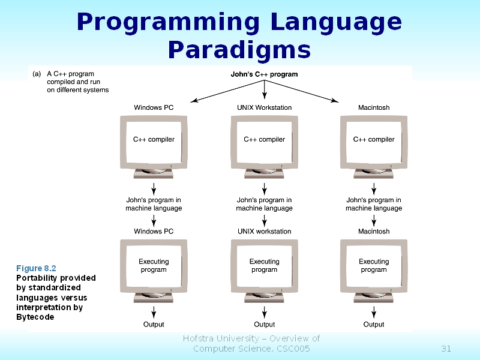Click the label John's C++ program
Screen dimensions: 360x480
click(x=264, y=74)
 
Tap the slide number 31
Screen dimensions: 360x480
click(x=446, y=349)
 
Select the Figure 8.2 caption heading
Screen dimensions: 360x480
click(x=37, y=268)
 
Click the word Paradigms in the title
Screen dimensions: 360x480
click(x=239, y=49)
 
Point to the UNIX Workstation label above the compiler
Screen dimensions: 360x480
click(x=264, y=107)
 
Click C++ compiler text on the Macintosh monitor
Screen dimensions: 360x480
click(x=374, y=139)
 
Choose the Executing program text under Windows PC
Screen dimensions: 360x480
click(x=154, y=266)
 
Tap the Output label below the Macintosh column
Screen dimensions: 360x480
click(x=374, y=325)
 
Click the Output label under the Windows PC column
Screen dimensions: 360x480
click(x=154, y=325)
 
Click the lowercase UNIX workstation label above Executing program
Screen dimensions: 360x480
click(x=264, y=231)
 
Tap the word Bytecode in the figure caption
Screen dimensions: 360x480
click(x=35, y=317)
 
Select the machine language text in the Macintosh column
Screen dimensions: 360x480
click(x=374, y=208)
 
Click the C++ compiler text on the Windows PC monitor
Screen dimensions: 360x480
click(x=154, y=139)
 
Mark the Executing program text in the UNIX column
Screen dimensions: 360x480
click(x=264, y=266)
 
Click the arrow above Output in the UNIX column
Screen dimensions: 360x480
click(x=264, y=311)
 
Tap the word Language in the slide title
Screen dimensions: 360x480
click(x=335, y=23)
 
